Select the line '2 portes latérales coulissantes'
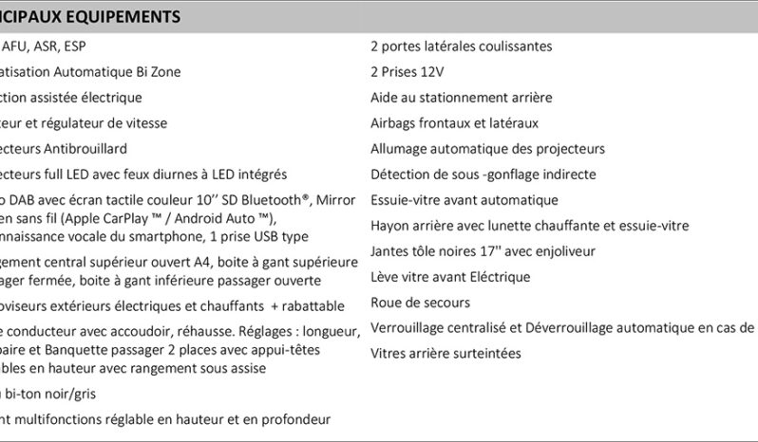click(x=462, y=46)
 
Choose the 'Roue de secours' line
click(x=420, y=303)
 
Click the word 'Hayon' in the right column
click(x=389, y=226)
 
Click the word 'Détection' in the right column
click(x=399, y=175)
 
